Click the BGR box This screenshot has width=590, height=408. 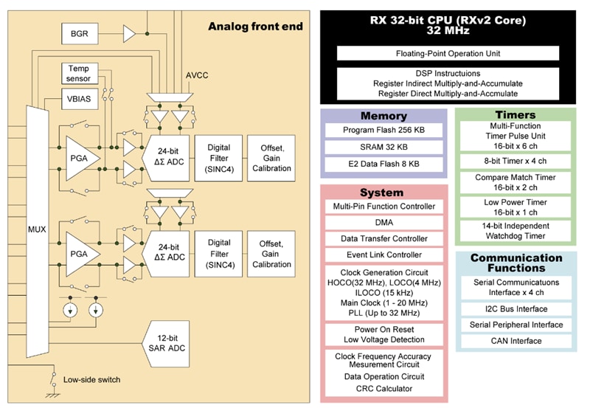[x=79, y=33]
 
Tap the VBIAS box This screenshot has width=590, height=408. [x=79, y=99]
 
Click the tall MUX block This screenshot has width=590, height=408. [x=36, y=229]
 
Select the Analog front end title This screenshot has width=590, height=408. [x=254, y=27]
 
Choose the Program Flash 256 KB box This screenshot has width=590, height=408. [x=383, y=131]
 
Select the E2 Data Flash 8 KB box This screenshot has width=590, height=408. [x=383, y=165]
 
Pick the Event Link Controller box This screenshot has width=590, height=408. [x=383, y=255]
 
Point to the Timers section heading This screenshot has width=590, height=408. [x=516, y=115]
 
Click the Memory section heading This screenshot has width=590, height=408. [x=383, y=116]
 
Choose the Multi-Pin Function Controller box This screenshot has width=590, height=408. [x=383, y=207]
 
